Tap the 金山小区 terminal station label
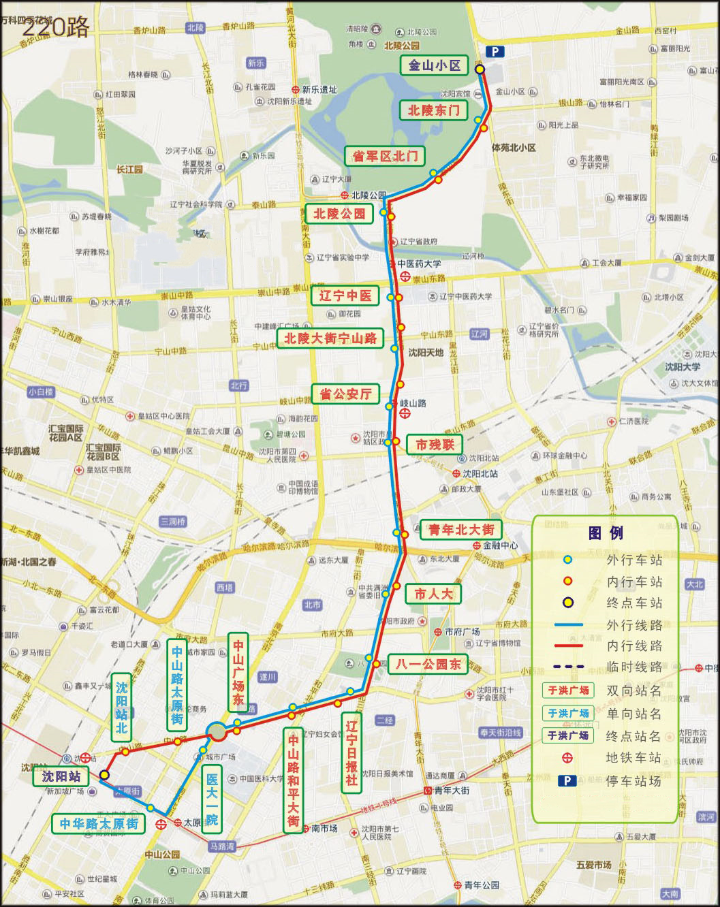(x=434, y=65)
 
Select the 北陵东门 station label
(x=433, y=110)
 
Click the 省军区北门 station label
(x=385, y=156)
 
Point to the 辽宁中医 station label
(x=345, y=296)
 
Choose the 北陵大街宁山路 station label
(x=330, y=338)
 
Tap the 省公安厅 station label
(x=345, y=394)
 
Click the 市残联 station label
(x=435, y=445)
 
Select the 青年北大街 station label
(x=461, y=529)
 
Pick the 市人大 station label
(x=433, y=594)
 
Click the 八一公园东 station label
(x=428, y=664)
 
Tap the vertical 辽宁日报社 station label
(x=351, y=753)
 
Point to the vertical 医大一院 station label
(x=212, y=798)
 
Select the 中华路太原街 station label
(x=99, y=824)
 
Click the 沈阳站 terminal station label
(x=61, y=776)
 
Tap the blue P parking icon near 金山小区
(x=495, y=52)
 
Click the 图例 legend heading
(x=605, y=533)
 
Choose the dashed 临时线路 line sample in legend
(x=569, y=667)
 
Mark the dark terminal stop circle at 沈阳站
(x=104, y=775)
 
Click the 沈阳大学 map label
(x=682, y=366)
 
